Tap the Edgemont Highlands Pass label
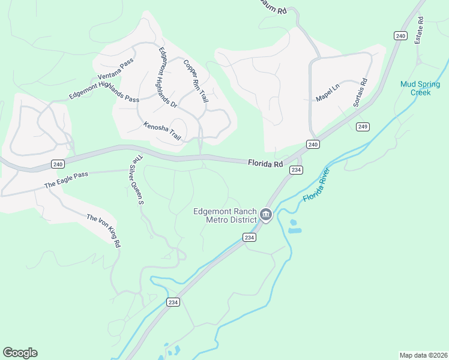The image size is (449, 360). pos(104,91)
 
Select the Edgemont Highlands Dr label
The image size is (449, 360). pos(167,77)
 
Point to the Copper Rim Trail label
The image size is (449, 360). pos(196,80)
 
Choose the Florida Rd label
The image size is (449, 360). pos(265,163)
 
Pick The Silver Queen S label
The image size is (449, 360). pos(137,180)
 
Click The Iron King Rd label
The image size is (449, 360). pos(104,230)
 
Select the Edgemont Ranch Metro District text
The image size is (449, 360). pos(225,215)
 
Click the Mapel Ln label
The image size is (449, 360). pos(327,92)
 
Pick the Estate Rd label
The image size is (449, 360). pos(421,28)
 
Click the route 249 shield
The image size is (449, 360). pos(362,127)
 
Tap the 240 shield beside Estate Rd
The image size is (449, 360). pos(400,36)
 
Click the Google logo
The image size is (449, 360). pos(20,352)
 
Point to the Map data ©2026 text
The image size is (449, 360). pos(423,355)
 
